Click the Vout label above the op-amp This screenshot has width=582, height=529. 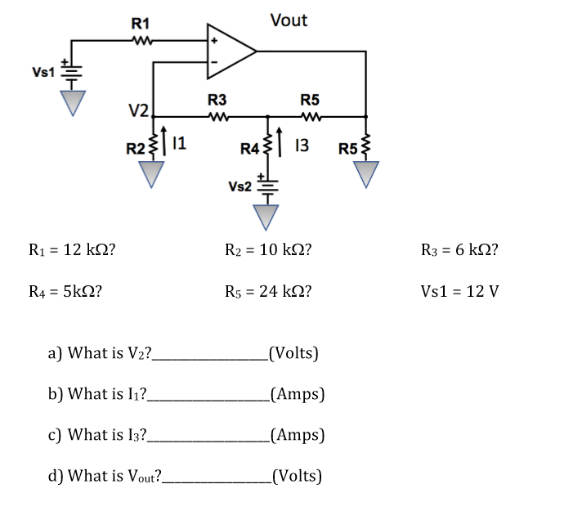point(289,20)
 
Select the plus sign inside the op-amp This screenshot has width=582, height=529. point(216,39)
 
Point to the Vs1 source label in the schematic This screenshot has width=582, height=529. point(43,72)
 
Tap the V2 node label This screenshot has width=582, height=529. point(137,110)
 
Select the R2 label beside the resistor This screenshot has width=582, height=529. point(136,148)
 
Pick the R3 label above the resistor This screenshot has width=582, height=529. point(217,101)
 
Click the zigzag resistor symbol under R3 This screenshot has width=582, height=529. point(217,117)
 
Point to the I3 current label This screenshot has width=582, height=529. point(301,146)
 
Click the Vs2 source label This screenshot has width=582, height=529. point(240,186)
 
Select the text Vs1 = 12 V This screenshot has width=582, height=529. point(459,291)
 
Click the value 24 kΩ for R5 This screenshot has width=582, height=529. point(287,291)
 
